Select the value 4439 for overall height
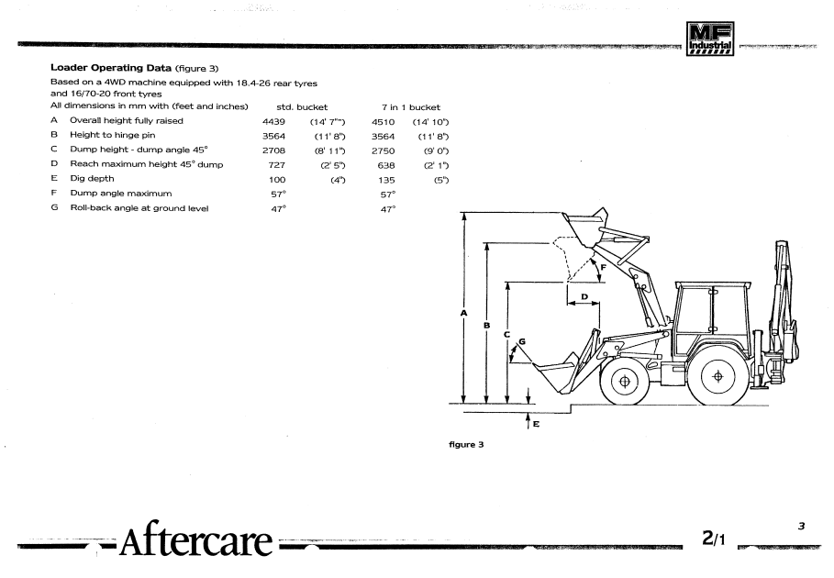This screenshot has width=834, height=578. [x=274, y=121]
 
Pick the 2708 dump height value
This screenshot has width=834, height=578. [x=274, y=150]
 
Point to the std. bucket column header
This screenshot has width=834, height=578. [x=295, y=107]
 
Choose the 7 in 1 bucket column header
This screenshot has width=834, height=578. [x=411, y=107]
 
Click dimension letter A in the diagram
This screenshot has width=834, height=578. [x=464, y=313]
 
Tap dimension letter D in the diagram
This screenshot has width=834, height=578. [x=584, y=296]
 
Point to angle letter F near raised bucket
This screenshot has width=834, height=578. [x=603, y=267]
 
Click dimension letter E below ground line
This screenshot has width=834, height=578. [x=536, y=424]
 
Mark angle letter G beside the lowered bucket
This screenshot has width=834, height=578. [x=522, y=341]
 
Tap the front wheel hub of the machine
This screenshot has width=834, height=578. [x=625, y=379]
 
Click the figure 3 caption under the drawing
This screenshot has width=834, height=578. [x=466, y=445]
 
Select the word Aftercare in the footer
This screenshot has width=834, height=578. [x=194, y=540]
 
